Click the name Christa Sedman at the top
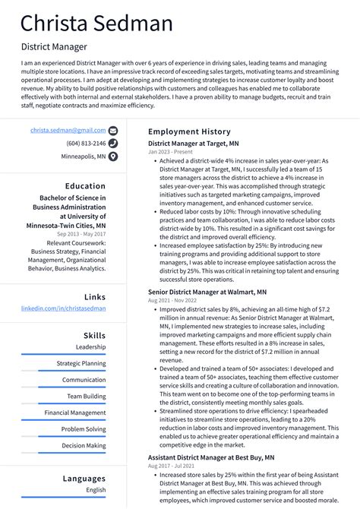pyautogui.click(x=96, y=24)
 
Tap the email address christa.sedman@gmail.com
pyautogui.click(x=68, y=131)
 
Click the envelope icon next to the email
pyautogui.click(x=113, y=131)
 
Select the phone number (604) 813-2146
pyautogui.click(x=86, y=144)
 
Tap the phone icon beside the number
pyautogui.click(x=113, y=144)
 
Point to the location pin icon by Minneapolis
pyautogui.click(x=113, y=156)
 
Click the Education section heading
pyautogui.click(x=85, y=186)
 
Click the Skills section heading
pyautogui.click(x=94, y=335)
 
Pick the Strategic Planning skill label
pyautogui.click(x=81, y=363)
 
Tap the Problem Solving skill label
pyautogui.click(x=84, y=429)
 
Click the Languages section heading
pyautogui.click(x=84, y=479)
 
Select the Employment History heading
pyautogui.click(x=188, y=131)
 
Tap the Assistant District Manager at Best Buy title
pyautogui.click(x=210, y=457)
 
